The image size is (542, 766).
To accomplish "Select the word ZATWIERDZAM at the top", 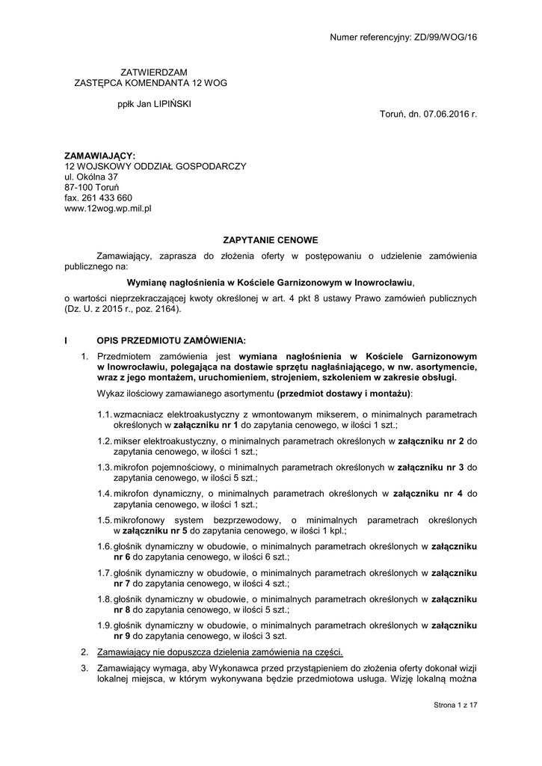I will click(149, 72).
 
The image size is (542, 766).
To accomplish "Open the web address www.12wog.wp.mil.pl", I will click(108, 209).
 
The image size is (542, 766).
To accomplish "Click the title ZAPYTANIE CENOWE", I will click(271, 240).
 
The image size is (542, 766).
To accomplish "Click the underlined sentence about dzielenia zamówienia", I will click(220, 652).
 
